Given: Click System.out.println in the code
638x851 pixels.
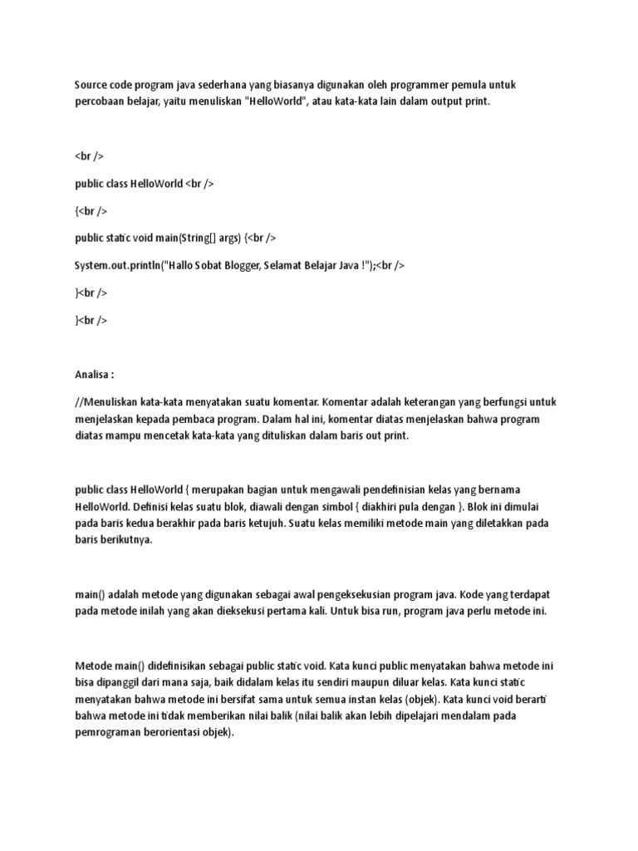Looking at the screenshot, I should pos(116,265).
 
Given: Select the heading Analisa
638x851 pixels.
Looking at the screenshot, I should pos(94,375).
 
